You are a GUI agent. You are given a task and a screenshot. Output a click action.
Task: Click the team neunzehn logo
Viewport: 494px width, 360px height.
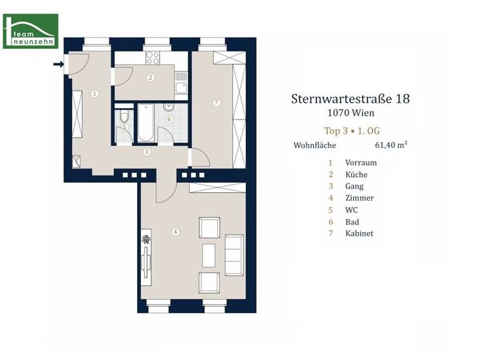point(30,31)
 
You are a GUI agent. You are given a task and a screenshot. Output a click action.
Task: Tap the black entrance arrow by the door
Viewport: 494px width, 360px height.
point(58,64)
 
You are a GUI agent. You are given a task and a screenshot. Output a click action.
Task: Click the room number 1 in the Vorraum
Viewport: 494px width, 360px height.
point(95,93)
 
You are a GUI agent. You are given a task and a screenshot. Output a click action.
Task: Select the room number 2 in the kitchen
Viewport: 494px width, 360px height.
point(151,78)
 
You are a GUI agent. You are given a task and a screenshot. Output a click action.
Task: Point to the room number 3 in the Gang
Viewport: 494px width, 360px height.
point(147,152)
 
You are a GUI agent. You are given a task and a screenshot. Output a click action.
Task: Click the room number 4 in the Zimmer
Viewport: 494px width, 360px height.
point(175,232)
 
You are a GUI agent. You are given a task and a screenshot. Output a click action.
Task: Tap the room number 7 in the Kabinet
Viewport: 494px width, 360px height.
point(216,102)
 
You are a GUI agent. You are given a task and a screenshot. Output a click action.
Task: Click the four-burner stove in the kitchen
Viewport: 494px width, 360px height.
point(152,58)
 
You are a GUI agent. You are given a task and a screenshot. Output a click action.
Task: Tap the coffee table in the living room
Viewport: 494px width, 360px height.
point(209,255)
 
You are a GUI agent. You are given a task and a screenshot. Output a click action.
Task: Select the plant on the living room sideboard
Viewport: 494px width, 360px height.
point(146,240)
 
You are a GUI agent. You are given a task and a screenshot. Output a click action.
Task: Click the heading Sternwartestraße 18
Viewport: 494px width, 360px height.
point(350,99)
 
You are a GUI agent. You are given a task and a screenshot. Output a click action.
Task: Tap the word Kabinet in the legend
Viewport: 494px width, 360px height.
point(359,233)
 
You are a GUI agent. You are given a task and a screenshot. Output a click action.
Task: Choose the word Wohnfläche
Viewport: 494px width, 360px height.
point(315,145)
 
